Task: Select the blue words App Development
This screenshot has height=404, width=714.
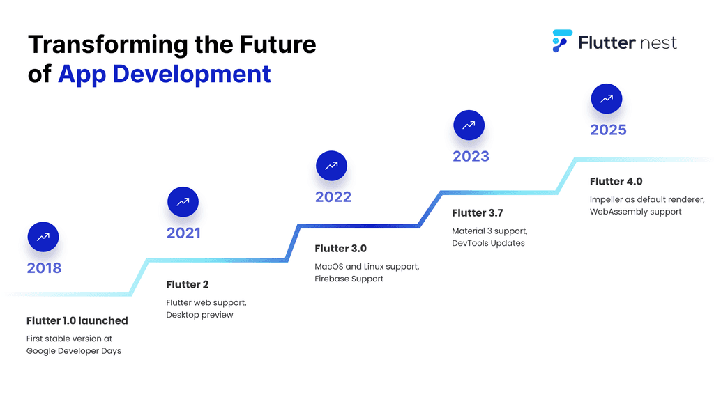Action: tap(164, 73)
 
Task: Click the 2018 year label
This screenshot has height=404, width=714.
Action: tap(44, 268)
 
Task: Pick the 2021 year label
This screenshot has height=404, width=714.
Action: tap(183, 233)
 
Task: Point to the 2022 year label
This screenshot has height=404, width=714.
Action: tap(333, 197)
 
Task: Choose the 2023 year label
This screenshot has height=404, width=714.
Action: tap(471, 156)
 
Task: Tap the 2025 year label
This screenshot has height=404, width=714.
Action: tap(608, 130)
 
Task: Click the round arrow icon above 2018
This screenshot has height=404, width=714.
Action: tap(43, 237)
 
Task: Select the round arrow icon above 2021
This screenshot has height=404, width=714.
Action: tap(183, 202)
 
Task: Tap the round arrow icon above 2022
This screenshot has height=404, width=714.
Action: tap(331, 166)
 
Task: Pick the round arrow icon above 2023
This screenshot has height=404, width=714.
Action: tap(469, 125)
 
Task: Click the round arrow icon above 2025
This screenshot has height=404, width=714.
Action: tap(606, 98)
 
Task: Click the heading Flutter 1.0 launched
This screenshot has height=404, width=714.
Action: tap(77, 320)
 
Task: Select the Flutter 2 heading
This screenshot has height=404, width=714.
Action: tap(187, 285)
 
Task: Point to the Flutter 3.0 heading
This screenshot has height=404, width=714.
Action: tap(340, 249)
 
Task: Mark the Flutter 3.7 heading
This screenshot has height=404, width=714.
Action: tap(478, 212)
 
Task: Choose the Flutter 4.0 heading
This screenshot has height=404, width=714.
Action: tap(616, 181)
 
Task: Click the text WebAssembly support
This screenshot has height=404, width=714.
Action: tap(635, 211)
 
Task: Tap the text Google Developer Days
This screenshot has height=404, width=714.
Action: tap(74, 350)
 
